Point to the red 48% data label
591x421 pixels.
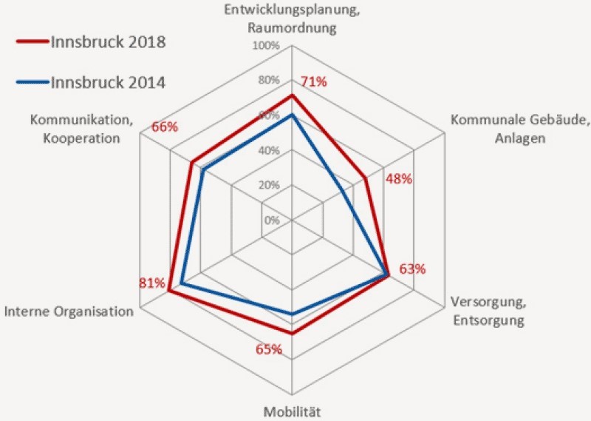coord(399,179)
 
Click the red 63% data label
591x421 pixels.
coord(412,269)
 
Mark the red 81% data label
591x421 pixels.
coord(152,283)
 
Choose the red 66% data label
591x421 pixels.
coord(164,127)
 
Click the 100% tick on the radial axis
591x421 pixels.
coord(266,46)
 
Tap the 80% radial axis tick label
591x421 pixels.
coord(268,80)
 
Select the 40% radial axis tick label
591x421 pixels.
coord(268,150)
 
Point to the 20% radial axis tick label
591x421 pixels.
coord(268,185)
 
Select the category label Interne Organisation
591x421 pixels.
coord(69,311)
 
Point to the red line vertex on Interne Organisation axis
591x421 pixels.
coord(169,291)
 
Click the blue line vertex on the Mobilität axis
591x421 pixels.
coord(293,315)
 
